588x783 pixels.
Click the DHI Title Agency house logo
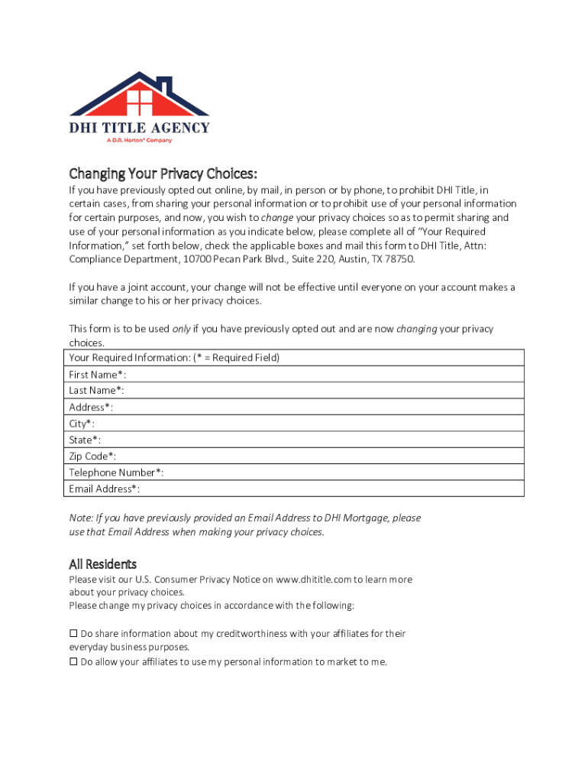click(139, 107)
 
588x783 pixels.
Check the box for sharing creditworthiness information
click(74, 633)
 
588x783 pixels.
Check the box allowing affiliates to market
click(74, 662)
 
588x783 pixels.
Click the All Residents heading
click(102, 564)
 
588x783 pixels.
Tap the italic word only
click(181, 329)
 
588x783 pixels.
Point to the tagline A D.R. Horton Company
click(139, 140)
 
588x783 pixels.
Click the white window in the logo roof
click(140, 101)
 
